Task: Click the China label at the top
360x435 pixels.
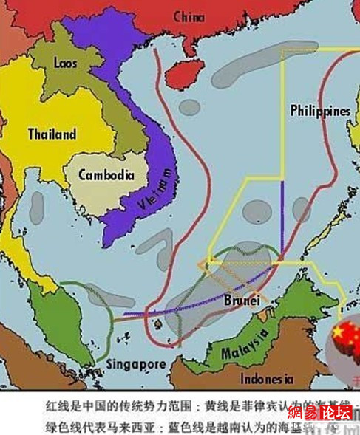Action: point(189,16)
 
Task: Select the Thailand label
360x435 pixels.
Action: point(52,134)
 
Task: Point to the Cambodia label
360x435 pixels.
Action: point(106,175)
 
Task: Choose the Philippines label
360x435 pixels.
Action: point(319,110)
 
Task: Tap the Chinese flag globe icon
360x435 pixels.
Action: point(342,344)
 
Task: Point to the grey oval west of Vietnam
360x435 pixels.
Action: point(36,209)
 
